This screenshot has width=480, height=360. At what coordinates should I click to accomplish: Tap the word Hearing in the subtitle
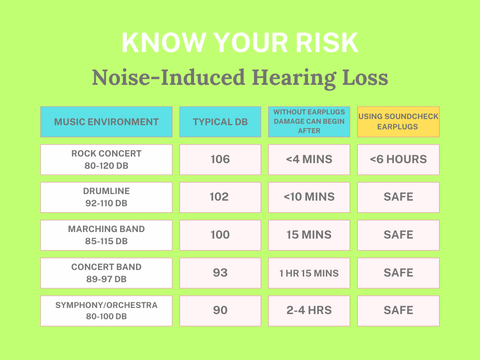pos(294,78)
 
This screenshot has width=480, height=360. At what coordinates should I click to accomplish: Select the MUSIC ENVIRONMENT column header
pos(106,122)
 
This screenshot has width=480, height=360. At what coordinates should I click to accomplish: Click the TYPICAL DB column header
pos(220,122)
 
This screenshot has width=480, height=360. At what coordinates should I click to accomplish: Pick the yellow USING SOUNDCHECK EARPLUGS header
pos(398,122)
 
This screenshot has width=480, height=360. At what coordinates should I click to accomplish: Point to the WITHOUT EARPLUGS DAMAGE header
pos(309,122)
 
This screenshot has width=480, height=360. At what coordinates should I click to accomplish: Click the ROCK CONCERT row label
pos(106,159)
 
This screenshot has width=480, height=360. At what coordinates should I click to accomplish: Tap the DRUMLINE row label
pos(106,197)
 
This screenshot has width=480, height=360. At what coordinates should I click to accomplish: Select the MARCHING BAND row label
pos(106,235)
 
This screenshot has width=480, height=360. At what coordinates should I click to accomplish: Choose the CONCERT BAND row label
pos(106,273)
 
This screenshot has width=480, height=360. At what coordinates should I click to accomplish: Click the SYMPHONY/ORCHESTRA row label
pos(106,311)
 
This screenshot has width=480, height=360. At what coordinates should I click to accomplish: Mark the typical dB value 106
pos(220,159)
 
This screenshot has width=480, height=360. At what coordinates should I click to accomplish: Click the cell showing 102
pos(220,197)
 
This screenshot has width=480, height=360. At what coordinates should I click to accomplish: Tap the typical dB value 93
pos(220,273)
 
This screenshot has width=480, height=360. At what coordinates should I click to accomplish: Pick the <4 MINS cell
pos(309,159)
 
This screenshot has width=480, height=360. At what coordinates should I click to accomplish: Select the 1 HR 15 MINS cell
pos(309,273)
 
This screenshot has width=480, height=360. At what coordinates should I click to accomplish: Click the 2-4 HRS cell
pos(309,311)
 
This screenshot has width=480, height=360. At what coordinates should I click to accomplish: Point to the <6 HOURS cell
pos(398,159)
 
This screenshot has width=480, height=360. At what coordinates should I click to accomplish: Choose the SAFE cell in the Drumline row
pos(398,197)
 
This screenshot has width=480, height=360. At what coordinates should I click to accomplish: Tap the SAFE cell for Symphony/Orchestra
pos(398,311)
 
